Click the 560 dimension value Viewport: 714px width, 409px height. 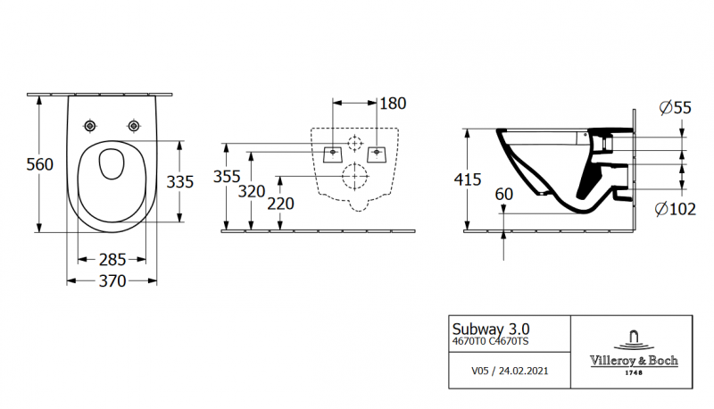pos(15,164)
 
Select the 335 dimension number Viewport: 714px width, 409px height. pos(180,181)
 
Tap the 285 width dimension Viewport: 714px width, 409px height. pos(112,260)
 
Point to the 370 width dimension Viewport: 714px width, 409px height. pos(112,280)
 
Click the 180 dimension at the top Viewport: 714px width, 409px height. pos(393,104)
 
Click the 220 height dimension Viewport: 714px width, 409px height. pos(281,204)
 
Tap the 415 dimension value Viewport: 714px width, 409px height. pos(444,179)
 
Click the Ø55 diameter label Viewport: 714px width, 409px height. pos(675,108)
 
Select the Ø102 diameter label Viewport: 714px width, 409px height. pos(675,209)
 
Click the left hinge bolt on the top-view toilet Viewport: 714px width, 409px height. pos(90,124)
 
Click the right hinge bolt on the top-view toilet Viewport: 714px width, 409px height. pos(134,124)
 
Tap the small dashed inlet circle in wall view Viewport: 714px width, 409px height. pos(354,142)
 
